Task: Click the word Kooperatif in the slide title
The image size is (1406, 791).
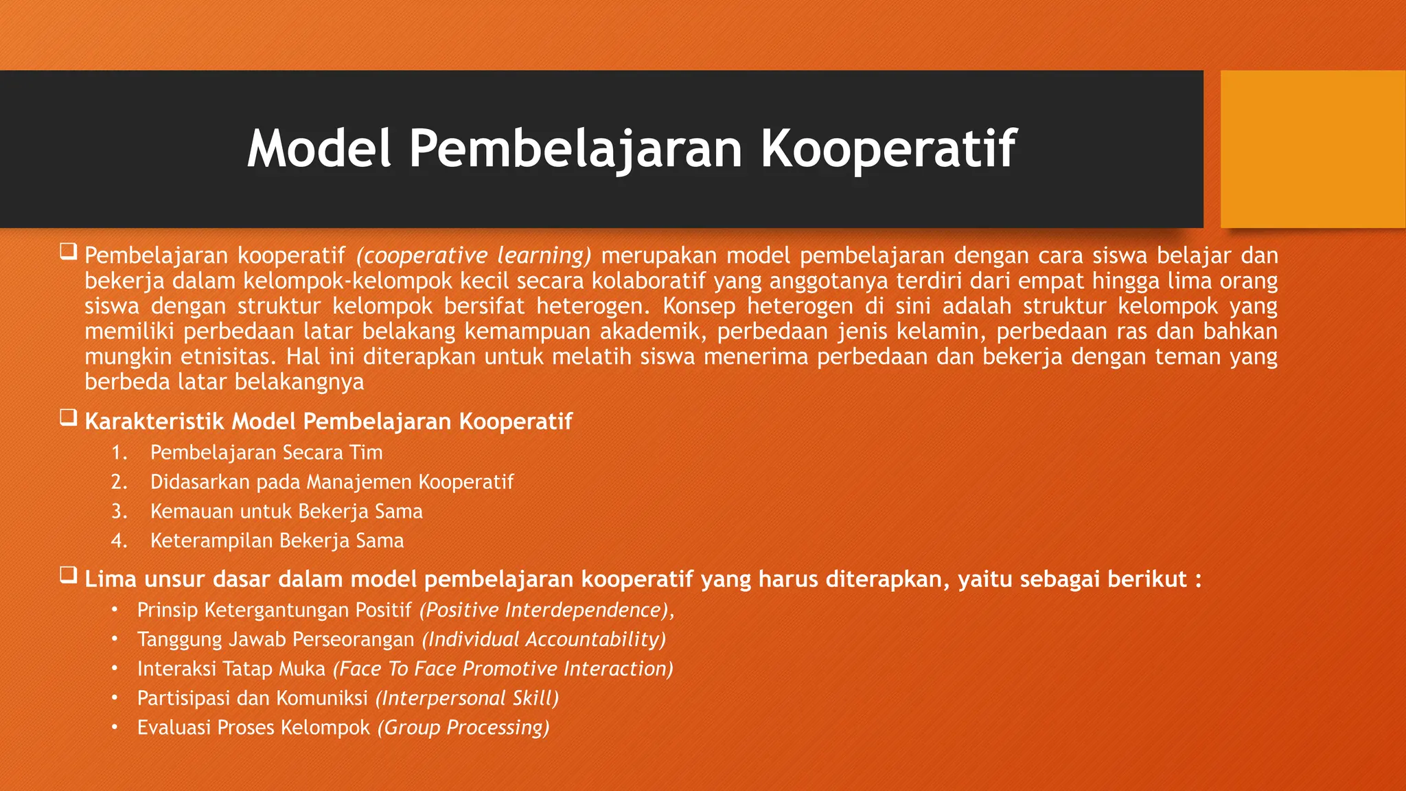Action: [888, 148]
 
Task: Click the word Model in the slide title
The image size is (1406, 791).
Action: [319, 148]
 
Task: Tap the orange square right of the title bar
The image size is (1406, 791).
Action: [1312, 149]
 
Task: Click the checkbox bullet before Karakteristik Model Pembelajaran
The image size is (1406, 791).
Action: [68, 417]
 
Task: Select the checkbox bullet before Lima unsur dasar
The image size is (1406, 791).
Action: [68, 575]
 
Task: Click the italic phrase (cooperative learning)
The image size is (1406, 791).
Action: [473, 255]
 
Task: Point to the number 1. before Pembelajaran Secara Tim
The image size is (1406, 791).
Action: [119, 452]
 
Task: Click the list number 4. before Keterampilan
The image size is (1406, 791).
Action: [119, 541]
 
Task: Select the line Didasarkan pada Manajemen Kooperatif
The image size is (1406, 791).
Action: [332, 482]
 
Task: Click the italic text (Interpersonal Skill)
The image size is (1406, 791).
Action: [467, 698]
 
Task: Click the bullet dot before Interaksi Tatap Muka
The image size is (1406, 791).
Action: [115, 668]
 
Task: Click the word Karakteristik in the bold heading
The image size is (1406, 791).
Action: [154, 421]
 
